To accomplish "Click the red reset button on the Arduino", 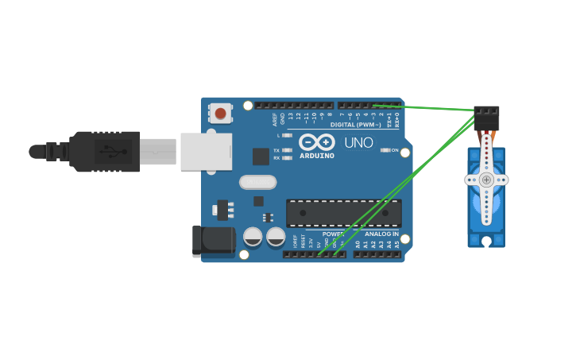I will (x=220, y=114).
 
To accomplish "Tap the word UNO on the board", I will (x=358, y=143).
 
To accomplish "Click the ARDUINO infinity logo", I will (x=316, y=143).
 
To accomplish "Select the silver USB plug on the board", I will (x=206, y=151).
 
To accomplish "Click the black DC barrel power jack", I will (x=213, y=241).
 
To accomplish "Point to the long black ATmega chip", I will (x=343, y=212).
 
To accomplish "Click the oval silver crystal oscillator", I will (x=258, y=182).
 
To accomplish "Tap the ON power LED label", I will (x=394, y=149).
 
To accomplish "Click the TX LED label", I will (x=276, y=149).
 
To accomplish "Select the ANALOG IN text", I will (x=381, y=234).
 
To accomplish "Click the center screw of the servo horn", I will (x=486, y=180).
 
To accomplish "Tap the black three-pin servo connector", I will (x=486, y=118).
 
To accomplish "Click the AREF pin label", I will (x=275, y=119).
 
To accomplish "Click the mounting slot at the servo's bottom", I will (x=485, y=238).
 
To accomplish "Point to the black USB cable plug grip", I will (x=104, y=151).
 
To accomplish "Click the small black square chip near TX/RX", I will (x=260, y=157).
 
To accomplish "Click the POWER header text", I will (x=333, y=234).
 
